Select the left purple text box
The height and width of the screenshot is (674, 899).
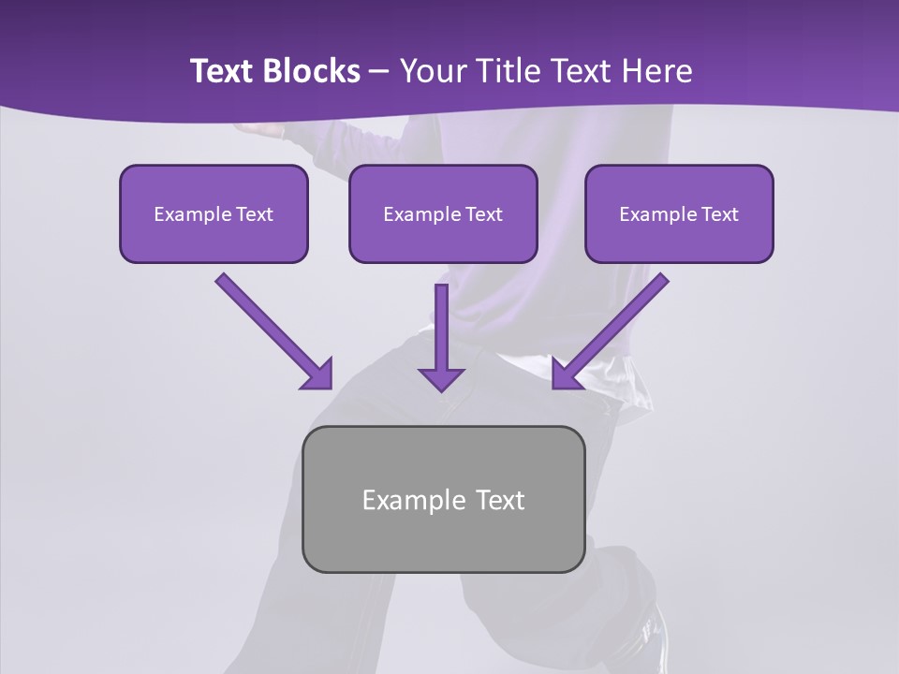(214, 213)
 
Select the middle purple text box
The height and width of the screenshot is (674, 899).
(443, 213)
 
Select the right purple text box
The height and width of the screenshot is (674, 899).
(679, 213)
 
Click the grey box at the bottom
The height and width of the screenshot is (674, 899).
(443, 499)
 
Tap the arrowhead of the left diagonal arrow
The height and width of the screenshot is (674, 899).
(318, 374)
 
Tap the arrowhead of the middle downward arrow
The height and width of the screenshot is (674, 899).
(441, 378)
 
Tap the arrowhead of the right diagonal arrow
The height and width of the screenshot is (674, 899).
(567, 374)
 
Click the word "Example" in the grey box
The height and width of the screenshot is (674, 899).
(414, 500)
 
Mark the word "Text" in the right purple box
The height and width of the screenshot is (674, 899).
(719, 214)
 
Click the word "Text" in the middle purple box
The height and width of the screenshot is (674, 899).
(483, 214)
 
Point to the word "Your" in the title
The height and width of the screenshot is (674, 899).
(431, 71)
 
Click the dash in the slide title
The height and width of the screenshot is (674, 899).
(379, 72)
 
